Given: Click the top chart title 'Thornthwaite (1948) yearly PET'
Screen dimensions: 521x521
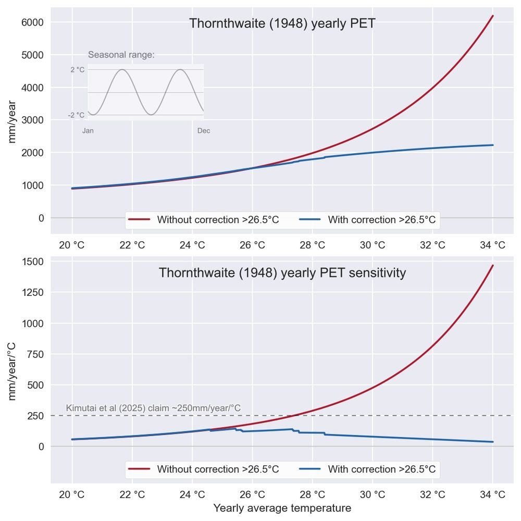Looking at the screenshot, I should pos(282,23).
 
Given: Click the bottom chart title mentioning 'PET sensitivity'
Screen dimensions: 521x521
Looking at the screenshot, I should pos(282,273).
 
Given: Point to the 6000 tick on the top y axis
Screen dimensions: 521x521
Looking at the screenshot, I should pos(32,22).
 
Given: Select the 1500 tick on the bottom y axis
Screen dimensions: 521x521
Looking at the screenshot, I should pos(32,262).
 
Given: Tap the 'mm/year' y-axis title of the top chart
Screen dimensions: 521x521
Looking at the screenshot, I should pos(13,122).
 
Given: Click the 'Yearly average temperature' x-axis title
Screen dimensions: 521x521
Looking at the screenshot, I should pos(282,508).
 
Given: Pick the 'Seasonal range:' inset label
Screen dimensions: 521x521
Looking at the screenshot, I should pos(121,55).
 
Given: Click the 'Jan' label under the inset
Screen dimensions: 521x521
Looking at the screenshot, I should pos(88,131).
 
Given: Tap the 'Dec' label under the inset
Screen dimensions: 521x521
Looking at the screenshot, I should pos(204,131).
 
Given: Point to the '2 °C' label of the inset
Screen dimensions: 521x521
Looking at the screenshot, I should pos(77,70).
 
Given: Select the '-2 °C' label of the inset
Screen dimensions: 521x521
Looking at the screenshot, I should pos(76,115).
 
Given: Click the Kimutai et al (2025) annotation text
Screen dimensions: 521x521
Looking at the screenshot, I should pos(153,408).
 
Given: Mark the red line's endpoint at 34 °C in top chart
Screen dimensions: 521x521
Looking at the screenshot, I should pos(493,16).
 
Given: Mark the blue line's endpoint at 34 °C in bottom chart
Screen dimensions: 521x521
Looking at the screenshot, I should pos(493,442).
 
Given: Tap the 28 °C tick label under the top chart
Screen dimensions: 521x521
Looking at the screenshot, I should pos(312,245).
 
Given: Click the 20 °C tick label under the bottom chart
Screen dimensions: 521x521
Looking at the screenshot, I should pos(72,494).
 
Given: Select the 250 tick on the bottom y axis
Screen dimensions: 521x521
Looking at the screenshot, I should pos(35,416).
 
